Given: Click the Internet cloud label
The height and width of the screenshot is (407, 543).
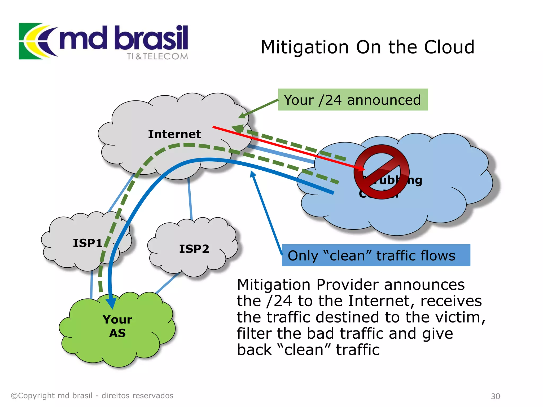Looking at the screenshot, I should [x=174, y=134].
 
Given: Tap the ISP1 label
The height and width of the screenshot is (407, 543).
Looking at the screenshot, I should [x=87, y=243].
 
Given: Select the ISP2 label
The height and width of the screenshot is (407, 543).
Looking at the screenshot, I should [x=194, y=249].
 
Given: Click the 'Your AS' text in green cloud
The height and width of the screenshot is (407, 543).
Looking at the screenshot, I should [x=117, y=326].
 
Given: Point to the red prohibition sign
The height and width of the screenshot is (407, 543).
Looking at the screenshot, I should [x=381, y=172].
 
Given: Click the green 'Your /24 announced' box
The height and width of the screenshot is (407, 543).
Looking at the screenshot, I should [x=353, y=100].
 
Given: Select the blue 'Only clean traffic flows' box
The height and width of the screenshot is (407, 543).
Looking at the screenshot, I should [x=376, y=255].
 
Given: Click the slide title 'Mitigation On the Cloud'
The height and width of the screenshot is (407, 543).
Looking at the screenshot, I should [x=367, y=47].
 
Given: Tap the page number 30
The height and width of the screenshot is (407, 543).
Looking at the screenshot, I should [x=495, y=396].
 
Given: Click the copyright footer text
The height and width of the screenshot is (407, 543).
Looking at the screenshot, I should [x=92, y=396].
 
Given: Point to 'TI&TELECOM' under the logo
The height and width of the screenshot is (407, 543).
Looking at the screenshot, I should [x=157, y=56].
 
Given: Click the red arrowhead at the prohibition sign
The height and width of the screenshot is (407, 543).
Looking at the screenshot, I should [x=361, y=168].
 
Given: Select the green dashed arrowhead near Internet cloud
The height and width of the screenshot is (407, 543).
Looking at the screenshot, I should [x=237, y=129].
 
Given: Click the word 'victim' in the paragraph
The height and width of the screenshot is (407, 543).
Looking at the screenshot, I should [x=460, y=317].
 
